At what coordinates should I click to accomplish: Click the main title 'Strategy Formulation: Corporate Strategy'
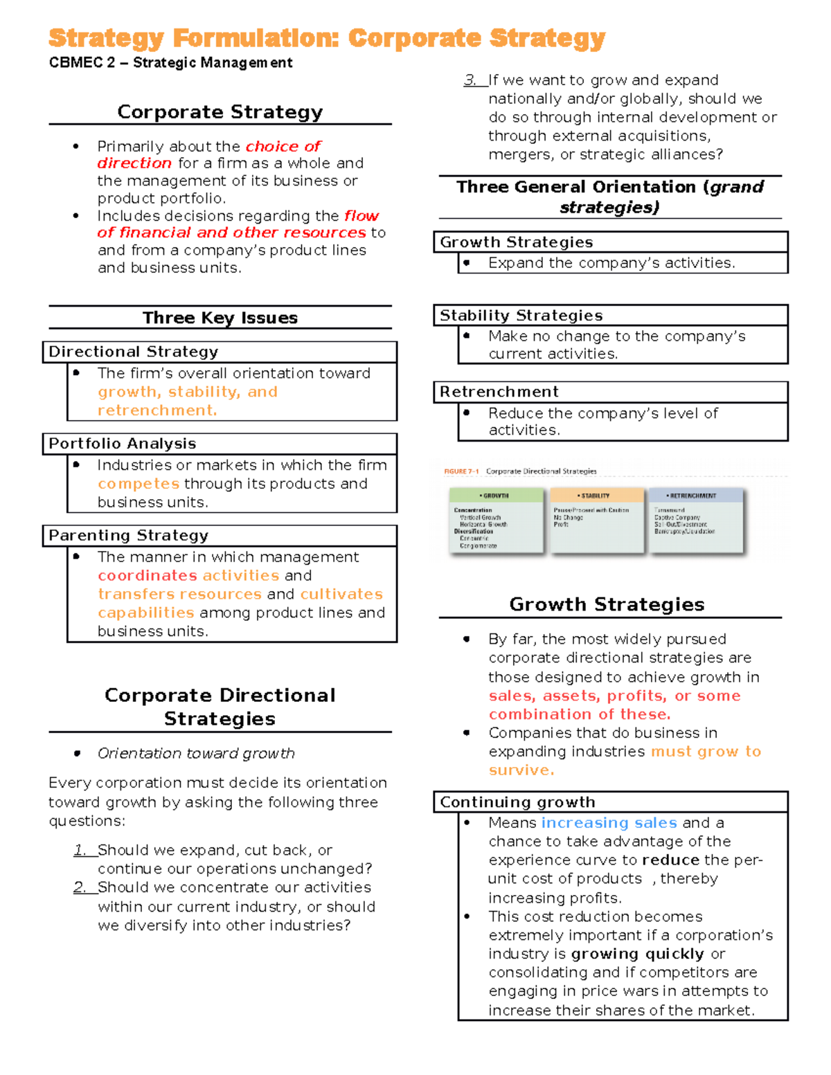327,38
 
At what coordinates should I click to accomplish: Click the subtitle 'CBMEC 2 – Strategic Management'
170,63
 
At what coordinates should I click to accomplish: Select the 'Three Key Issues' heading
220,318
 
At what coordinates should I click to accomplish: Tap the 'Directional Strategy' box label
133,352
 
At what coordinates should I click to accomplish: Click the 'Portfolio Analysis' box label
123,444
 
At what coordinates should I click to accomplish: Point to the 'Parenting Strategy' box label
128,536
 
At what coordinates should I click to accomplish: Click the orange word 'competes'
138,484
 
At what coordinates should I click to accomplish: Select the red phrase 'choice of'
283,146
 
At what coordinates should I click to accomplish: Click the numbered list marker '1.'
80,850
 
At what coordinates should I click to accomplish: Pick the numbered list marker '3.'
471,80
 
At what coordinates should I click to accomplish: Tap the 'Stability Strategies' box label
521,316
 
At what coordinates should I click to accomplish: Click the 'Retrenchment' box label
499,392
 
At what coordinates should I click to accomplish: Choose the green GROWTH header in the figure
495,496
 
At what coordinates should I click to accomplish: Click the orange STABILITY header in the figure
594,496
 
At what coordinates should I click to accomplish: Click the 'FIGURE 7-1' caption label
461,471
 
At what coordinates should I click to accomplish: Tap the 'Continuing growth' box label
517,802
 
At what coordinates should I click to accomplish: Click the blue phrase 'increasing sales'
609,823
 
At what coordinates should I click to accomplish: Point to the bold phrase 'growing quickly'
637,954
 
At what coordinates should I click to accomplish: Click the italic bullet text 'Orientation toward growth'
196,753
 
